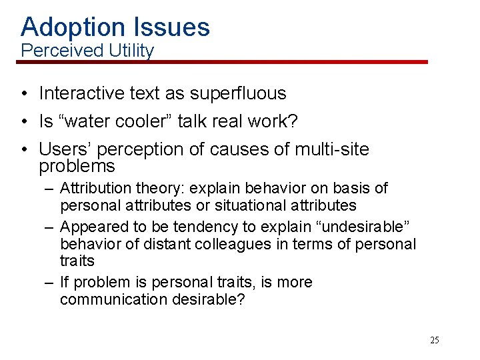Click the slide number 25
tap(434, 341)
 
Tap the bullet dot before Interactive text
tap(24, 94)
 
